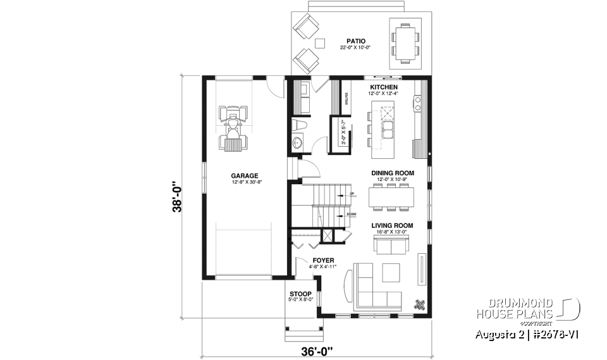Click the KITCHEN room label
pos(383,87)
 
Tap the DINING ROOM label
pos(392,173)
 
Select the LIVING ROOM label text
pos(392,225)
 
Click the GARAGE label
pos(243,176)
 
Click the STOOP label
pos(300,294)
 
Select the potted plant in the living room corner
pos(419,303)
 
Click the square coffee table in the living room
pos(391,271)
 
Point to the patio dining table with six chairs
pos(403,42)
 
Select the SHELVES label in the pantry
pos(346,99)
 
